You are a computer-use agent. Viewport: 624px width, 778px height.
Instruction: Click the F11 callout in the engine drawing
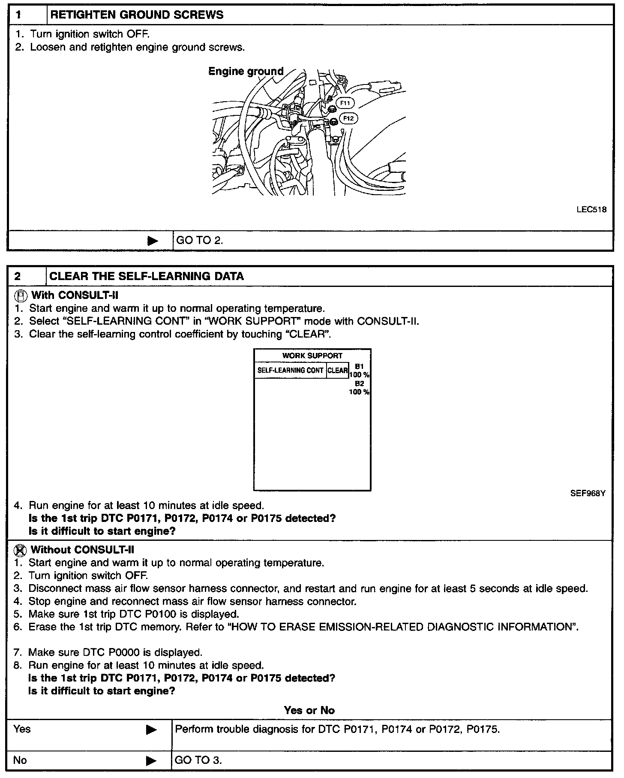pos(345,103)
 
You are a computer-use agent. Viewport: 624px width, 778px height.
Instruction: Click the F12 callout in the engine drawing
pos(348,118)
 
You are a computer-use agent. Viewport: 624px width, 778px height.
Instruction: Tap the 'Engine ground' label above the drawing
pos(246,71)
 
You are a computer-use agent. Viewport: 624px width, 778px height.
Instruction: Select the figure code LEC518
pos(591,210)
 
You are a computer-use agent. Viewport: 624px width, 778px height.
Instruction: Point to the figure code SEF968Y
pos(588,493)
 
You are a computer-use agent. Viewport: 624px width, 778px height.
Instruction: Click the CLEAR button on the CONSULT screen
pos(337,370)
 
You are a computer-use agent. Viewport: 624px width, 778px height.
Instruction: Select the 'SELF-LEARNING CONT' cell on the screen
pos(290,370)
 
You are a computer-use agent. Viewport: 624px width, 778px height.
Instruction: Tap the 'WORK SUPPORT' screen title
pos(312,356)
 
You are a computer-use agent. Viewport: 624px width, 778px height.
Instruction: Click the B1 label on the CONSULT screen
pos(359,367)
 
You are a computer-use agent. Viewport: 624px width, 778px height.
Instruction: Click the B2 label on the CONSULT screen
pos(359,384)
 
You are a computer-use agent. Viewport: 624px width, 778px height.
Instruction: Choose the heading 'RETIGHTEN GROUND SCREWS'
pos(137,15)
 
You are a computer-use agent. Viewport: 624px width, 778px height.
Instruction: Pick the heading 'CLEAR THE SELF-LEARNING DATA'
pos(147,276)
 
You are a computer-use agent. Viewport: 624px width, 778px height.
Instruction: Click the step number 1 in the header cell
pos(18,15)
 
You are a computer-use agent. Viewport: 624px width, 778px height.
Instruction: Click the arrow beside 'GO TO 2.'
pos(153,241)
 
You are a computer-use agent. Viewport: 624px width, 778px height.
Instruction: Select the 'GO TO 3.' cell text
pos(198,760)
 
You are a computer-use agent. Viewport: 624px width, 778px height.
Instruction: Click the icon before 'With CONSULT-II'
pos(20,296)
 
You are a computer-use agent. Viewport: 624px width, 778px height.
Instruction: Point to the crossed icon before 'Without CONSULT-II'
pos(20,550)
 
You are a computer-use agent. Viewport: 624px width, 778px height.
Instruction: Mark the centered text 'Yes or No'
pos(309,710)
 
